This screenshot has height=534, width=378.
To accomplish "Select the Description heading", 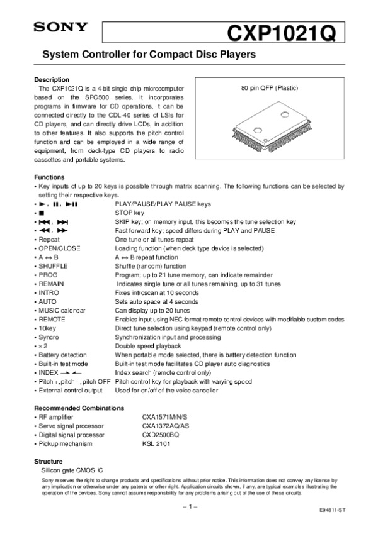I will tap(51, 80).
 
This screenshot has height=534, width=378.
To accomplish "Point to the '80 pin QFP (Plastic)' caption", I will tap(270, 87).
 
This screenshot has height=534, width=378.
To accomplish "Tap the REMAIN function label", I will tap(51, 284).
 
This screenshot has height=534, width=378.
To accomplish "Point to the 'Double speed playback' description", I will tap(147, 346).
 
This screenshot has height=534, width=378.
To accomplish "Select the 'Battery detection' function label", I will tap(62, 355).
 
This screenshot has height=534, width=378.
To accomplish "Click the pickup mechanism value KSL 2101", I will tap(156, 443).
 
